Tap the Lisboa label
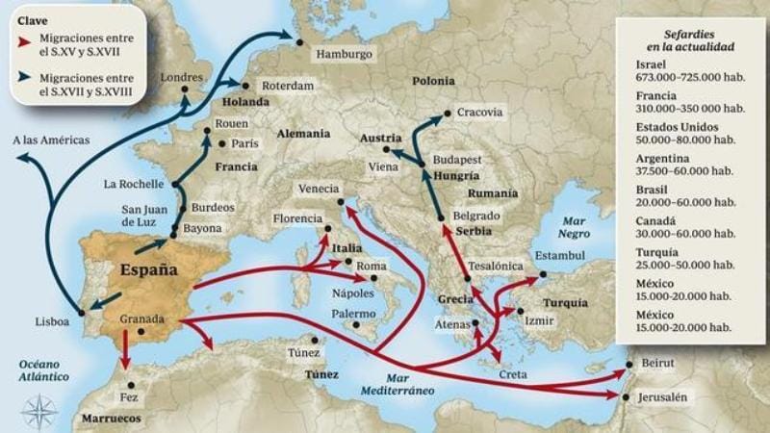(x=51, y=322)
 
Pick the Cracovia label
(x=479, y=112)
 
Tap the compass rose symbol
(x=38, y=412)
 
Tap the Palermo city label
(x=353, y=314)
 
